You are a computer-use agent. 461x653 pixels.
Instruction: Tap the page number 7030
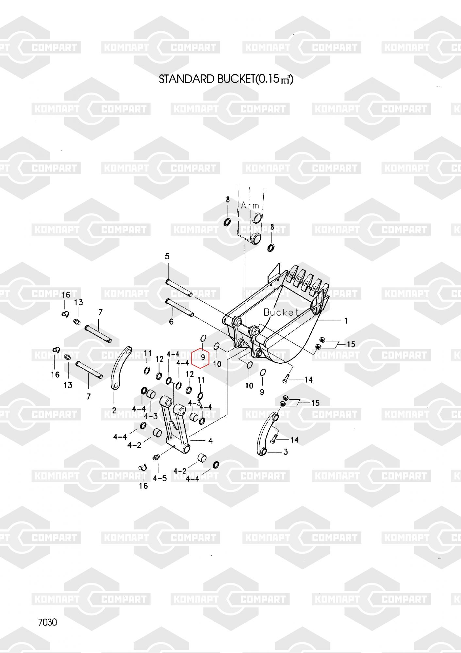point(48,622)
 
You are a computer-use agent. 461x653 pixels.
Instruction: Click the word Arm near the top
point(250,205)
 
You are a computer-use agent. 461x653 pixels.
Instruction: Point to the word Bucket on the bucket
point(281,312)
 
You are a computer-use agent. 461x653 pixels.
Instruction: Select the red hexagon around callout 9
point(200,358)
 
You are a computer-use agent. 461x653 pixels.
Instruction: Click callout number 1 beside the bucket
point(346,321)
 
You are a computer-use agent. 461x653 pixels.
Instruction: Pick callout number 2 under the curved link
point(114,410)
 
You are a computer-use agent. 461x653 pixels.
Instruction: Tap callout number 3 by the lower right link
point(286,452)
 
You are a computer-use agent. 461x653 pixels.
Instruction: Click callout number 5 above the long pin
point(167,256)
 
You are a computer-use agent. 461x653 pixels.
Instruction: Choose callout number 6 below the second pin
point(171,322)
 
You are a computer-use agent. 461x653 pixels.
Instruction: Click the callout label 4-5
point(160,478)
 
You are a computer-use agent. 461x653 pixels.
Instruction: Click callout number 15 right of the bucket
point(351,344)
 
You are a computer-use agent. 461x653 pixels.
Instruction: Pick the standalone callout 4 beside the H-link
point(210,441)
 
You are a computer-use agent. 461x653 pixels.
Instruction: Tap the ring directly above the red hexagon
point(203,338)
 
